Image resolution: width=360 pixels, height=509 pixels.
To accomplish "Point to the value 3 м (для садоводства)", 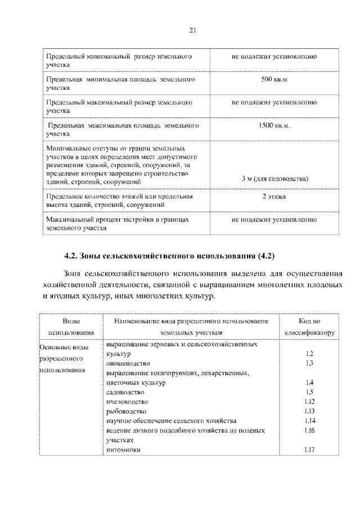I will tap(274, 178).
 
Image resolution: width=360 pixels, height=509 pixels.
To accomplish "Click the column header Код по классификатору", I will tap(309, 327).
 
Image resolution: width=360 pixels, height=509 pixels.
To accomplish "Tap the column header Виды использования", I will tap(70, 327).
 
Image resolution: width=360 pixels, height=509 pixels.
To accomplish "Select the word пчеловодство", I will tap(127, 402).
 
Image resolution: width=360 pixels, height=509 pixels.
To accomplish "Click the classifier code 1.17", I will tap(308, 449).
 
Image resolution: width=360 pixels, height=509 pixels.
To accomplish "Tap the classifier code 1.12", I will tap(308, 402).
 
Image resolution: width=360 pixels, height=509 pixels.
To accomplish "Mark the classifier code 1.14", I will tap(308, 421).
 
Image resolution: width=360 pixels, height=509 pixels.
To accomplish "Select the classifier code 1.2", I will tap(309, 354).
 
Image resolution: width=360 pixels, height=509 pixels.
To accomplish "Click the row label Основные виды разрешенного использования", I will tap(62, 358).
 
